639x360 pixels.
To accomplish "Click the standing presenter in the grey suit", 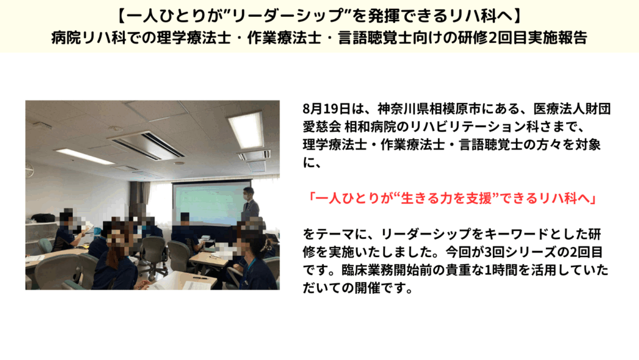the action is pos(250,206).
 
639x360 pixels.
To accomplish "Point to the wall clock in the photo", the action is pos(29,167).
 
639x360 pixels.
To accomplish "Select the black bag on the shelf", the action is pos(43,218).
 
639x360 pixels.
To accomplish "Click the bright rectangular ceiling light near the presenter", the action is pos(246,130).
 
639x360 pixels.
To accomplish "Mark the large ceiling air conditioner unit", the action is pos(147,145).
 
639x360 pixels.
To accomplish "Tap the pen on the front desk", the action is pos(200,278).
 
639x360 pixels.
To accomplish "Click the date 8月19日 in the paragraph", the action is pos(326,109).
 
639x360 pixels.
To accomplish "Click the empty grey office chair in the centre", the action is pos(154,253).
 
